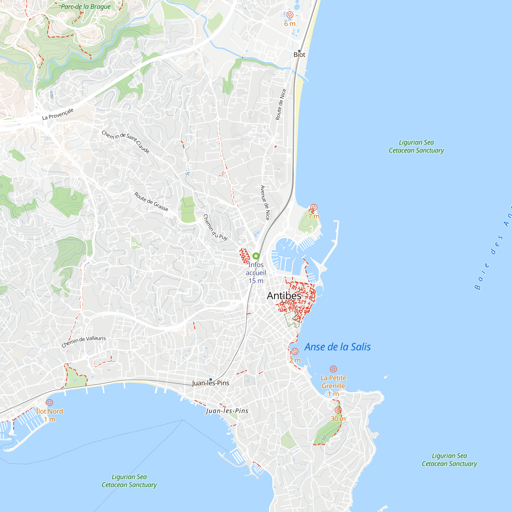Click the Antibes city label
[284, 296]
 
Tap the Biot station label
[299, 55]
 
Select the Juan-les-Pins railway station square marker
[211, 379]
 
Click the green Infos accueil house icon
[256, 256]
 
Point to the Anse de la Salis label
[337, 347]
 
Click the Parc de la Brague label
[86, 7]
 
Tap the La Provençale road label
[58, 114]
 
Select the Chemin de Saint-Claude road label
[126, 142]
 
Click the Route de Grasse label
[151, 201]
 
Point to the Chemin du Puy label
[215, 227]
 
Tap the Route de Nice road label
[281, 104]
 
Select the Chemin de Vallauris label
[83, 341]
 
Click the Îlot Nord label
[50, 411]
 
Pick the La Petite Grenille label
[333, 382]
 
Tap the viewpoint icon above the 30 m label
[338, 410]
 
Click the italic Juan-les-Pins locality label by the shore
[227, 411]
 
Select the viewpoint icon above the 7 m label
[314, 207]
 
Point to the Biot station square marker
[299, 51]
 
